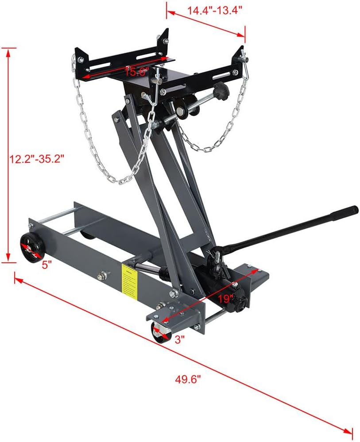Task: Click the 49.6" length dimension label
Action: [189, 379]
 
